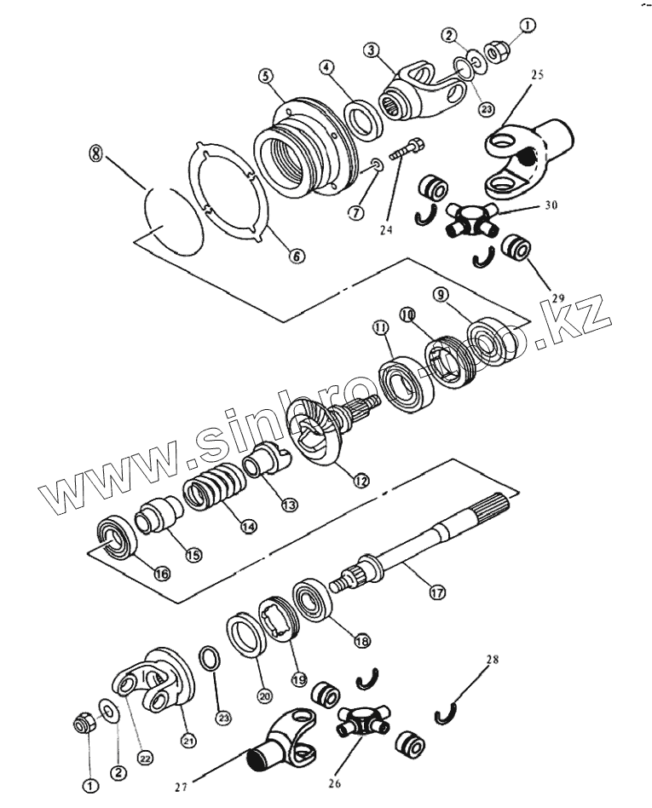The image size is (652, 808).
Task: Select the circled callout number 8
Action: tap(95, 154)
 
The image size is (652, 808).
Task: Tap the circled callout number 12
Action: tap(361, 480)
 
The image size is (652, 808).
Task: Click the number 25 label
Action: tap(536, 76)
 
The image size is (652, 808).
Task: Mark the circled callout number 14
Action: tap(248, 526)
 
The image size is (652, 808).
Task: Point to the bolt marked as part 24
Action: tap(407, 153)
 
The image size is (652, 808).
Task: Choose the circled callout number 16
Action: tap(162, 573)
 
